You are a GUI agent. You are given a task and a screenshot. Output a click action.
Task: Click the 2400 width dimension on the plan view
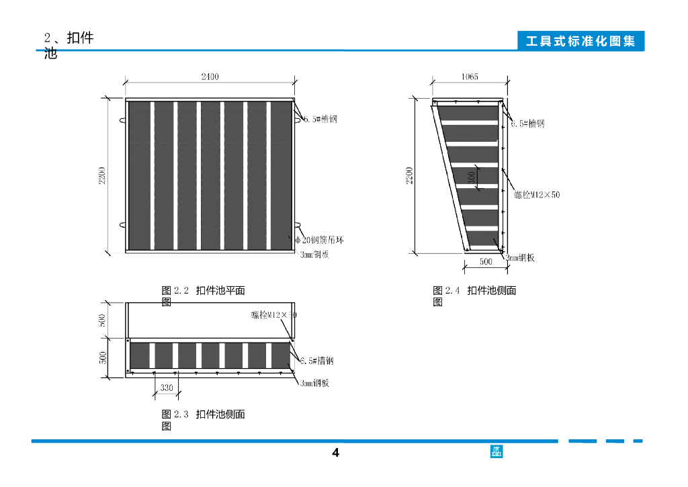[x=210, y=77]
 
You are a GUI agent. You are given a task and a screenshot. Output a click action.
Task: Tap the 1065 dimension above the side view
[x=470, y=77]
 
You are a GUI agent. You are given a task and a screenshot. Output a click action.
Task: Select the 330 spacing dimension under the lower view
[x=166, y=388]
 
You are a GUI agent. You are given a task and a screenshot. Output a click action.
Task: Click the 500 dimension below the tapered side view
[x=485, y=262]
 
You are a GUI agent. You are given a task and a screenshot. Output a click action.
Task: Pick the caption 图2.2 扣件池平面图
[x=203, y=296]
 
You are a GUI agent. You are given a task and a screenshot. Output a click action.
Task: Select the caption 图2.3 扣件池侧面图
[x=203, y=419]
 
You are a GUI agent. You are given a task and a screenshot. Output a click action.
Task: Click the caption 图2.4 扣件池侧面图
[x=474, y=296]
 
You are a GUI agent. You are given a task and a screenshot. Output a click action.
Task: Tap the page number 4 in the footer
[x=336, y=453]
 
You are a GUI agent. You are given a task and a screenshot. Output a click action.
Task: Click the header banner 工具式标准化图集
[x=580, y=42]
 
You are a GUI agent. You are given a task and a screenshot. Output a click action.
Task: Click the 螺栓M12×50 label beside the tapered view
[x=537, y=195]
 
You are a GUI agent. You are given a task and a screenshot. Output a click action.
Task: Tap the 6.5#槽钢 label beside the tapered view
[x=527, y=124]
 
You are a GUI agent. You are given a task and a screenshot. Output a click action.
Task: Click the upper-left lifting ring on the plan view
[x=122, y=121]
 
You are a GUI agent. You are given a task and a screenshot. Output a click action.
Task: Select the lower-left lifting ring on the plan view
[x=122, y=224]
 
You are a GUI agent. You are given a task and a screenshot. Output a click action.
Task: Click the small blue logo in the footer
[x=497, y=451]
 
